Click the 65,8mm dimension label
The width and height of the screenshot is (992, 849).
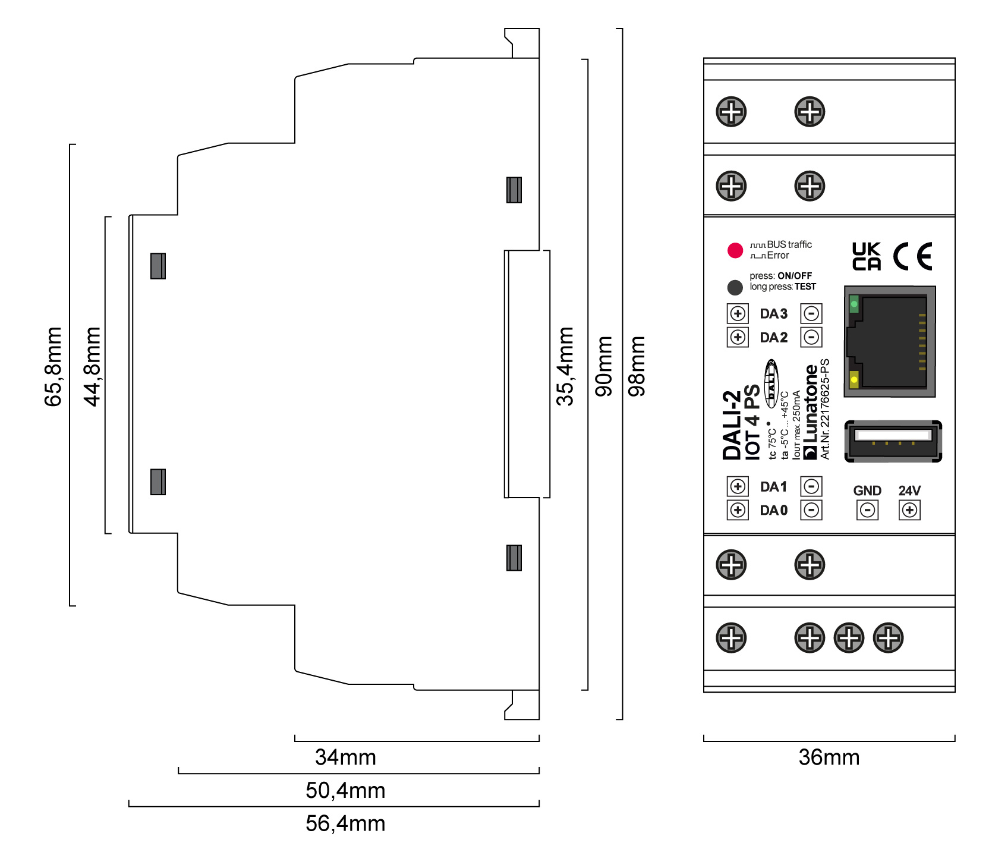[53, 367]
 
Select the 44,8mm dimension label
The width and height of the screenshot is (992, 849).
[93, 367]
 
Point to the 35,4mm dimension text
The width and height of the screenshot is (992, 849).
[565, 367]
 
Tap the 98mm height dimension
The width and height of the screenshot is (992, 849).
[637, 366]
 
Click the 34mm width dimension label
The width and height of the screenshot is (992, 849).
[345, 757]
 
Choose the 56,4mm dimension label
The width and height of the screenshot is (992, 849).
[345, 823]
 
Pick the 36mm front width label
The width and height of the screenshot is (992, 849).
[829, 757]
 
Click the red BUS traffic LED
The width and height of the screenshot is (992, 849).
[735, 250]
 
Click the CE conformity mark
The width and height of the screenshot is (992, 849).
[913, 257]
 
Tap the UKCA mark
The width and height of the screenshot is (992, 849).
[867, 257]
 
